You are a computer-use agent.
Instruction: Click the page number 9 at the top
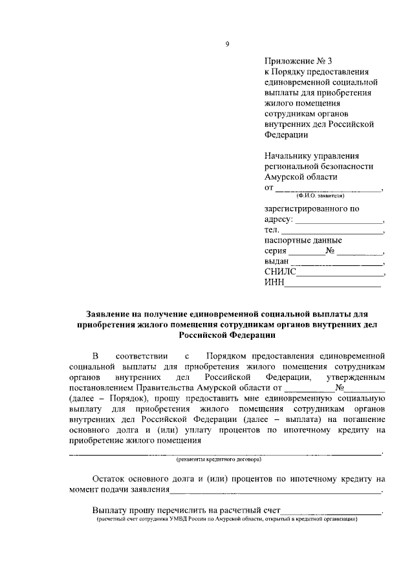(x=226, y=43)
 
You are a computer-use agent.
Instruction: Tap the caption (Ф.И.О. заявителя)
(x=320, y=194)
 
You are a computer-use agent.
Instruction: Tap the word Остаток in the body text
(x=109, y=480)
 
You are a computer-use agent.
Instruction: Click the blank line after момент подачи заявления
(x=276, y=491)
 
